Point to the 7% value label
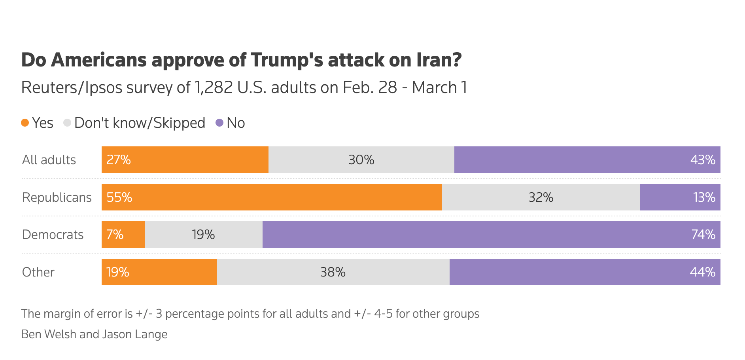115,235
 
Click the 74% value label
703,235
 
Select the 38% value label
333,272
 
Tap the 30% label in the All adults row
361,160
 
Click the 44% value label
702,272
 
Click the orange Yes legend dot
25,123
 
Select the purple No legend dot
219,123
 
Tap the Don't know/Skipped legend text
140,123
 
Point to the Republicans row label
57,197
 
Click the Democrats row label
53,235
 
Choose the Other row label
38,272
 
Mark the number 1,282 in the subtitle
214,87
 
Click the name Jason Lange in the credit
135,334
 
